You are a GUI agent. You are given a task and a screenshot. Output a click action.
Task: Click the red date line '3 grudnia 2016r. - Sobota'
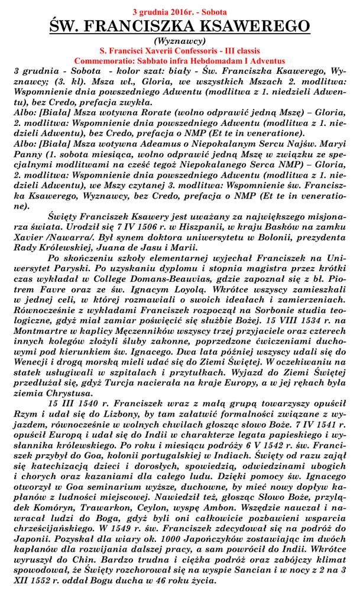click(180, 11)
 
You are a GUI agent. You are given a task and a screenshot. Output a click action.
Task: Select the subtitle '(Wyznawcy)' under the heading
click(180, 41)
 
